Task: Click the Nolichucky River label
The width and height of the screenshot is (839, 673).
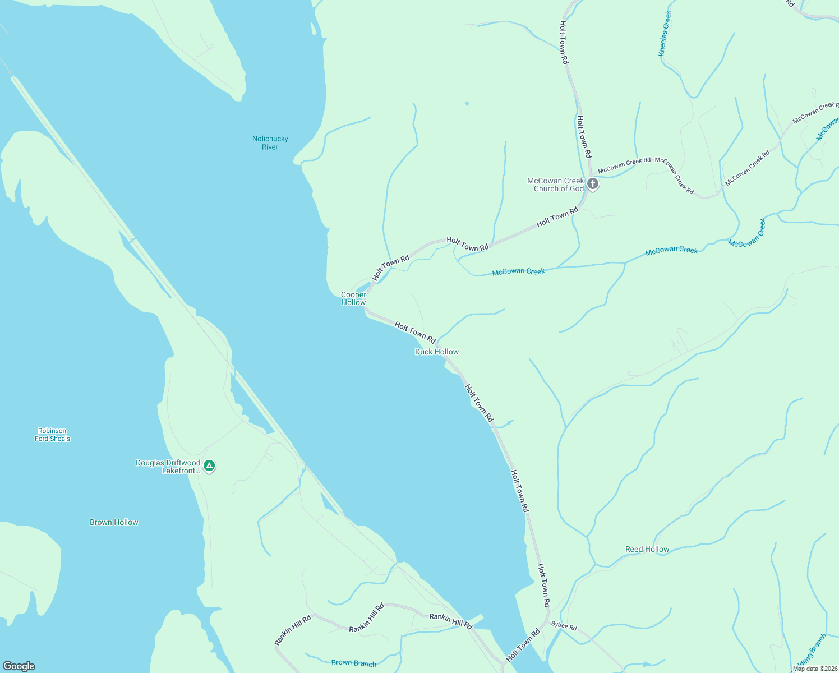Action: [x=270, y=142]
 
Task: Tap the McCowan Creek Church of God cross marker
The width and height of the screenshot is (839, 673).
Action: [x=592, y=184]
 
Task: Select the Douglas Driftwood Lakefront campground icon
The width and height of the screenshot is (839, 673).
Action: [x=209, y=465]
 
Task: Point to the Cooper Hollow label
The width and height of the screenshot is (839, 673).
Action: [x=353, y=298]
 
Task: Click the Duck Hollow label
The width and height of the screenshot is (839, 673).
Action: [x=436, y=352]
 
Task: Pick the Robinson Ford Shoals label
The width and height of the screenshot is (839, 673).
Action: [x=52, y=435]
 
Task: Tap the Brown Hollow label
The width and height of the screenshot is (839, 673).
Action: [x=114, y=522]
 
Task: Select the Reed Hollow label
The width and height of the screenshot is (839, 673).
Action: [x=647, y=549]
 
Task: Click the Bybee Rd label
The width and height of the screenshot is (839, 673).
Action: [x=564, y=626]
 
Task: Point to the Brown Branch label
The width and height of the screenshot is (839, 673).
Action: [x=353, y=662]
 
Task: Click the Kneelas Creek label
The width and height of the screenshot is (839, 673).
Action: [x=665, y=34]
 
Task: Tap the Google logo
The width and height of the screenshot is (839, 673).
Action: [x=19, y=666]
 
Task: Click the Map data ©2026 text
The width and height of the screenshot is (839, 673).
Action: [x=814, y=669]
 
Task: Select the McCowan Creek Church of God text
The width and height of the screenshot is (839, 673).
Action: [x=556, y=185]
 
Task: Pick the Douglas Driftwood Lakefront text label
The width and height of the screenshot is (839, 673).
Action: [x=168, y=467]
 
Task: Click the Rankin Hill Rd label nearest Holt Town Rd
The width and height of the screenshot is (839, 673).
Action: [x=450, y=621]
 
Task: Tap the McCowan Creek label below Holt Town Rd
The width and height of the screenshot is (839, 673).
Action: [x=518, y=271]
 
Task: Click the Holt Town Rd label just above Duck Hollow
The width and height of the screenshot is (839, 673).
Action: [x=415, y=332]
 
